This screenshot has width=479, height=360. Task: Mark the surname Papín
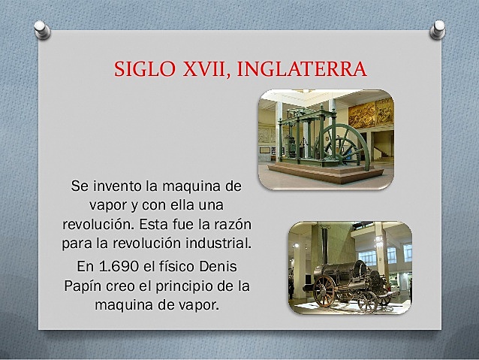tap(82, 286)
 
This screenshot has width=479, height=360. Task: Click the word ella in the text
tap(174, 204)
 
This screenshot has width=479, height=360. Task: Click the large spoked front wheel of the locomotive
tap(326, 291)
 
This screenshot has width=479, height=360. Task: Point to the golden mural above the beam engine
tap(369, 114)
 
